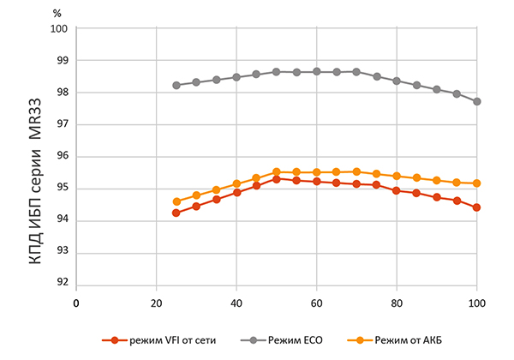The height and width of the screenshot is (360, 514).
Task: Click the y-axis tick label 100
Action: point(59,28)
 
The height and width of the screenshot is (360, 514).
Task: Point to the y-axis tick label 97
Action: point(62,125)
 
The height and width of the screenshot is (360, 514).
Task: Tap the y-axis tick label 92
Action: point(62,285)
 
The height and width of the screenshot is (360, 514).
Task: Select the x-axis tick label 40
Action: point(236,303)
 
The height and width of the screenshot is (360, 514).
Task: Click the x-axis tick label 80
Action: point(397,303)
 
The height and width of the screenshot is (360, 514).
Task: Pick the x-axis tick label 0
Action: point(76,303)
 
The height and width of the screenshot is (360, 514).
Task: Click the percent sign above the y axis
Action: point(57,13)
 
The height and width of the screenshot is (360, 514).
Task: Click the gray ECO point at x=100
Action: point(477,101)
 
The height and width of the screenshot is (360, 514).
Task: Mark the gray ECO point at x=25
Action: point(176,85)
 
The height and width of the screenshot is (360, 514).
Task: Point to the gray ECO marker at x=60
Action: point(317,71)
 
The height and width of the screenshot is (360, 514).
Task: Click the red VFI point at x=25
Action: point(176,213)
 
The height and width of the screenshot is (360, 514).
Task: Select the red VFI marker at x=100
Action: point(477,207)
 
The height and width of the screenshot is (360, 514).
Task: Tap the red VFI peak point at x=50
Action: point(277,178)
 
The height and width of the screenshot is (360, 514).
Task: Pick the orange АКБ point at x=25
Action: point(176,201)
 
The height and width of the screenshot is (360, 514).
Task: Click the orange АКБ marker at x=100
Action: point(477,183)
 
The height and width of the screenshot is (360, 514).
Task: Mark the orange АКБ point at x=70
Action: point(356,171)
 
